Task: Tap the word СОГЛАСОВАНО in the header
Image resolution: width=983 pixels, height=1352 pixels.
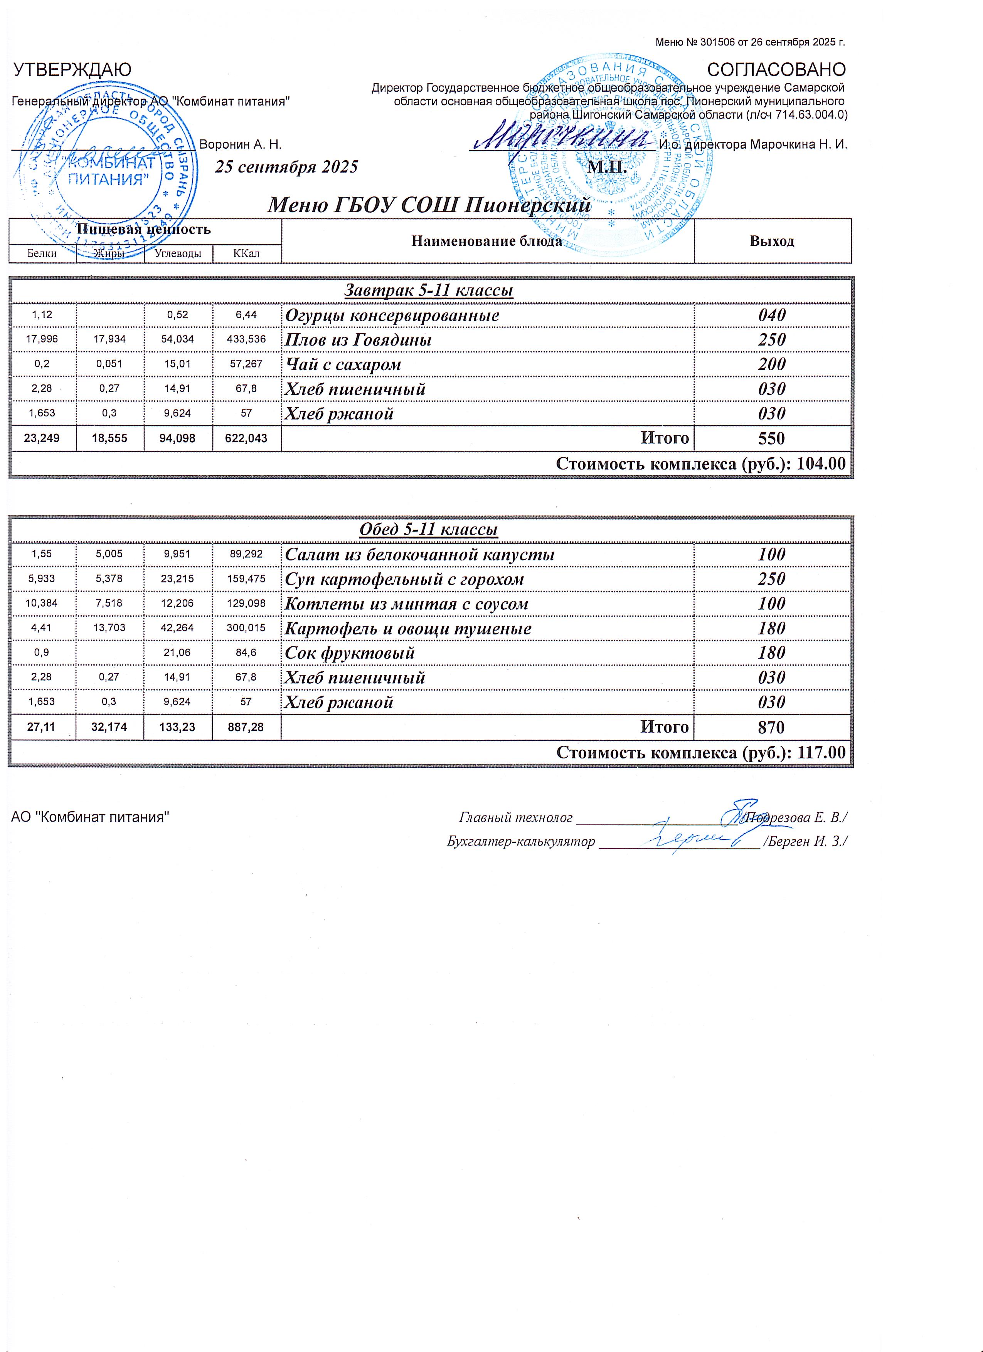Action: point(776,70)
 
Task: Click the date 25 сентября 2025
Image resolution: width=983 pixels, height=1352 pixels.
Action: point(286,166)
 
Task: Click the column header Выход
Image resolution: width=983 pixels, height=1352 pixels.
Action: point(772,242)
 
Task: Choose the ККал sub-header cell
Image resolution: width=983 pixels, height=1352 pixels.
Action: point(246,254)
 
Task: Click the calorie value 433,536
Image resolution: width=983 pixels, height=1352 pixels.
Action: point(246,340)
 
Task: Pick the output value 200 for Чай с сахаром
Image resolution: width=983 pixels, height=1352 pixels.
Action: point(772,364)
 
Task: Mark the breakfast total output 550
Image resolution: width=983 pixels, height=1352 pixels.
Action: point(772,439)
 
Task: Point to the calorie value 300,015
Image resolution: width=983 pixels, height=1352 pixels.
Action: point(246,628)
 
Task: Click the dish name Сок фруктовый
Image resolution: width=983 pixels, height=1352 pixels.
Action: point(350,653)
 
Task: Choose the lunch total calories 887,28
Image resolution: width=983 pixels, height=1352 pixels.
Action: point(246,727)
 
